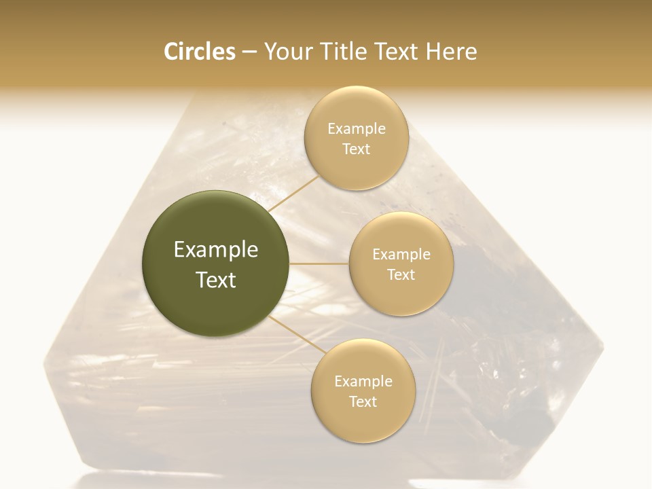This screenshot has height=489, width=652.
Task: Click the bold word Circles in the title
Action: [199, 52]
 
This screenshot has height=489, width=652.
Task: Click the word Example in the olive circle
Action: [216, 250]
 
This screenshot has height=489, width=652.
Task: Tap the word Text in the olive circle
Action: [216, 280]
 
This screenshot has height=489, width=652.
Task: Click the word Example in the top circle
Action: [356, 129]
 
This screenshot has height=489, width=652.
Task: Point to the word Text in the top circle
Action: [356, 149]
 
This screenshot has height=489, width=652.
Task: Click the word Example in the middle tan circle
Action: [401, 255]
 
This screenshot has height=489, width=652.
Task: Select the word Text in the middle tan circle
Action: [401, 275]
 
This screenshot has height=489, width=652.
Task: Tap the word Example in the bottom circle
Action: [363, 382]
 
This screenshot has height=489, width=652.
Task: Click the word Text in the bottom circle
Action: [363, 402]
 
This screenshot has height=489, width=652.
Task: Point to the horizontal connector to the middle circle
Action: [319, 264]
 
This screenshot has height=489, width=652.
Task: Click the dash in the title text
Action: [249, 52]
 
